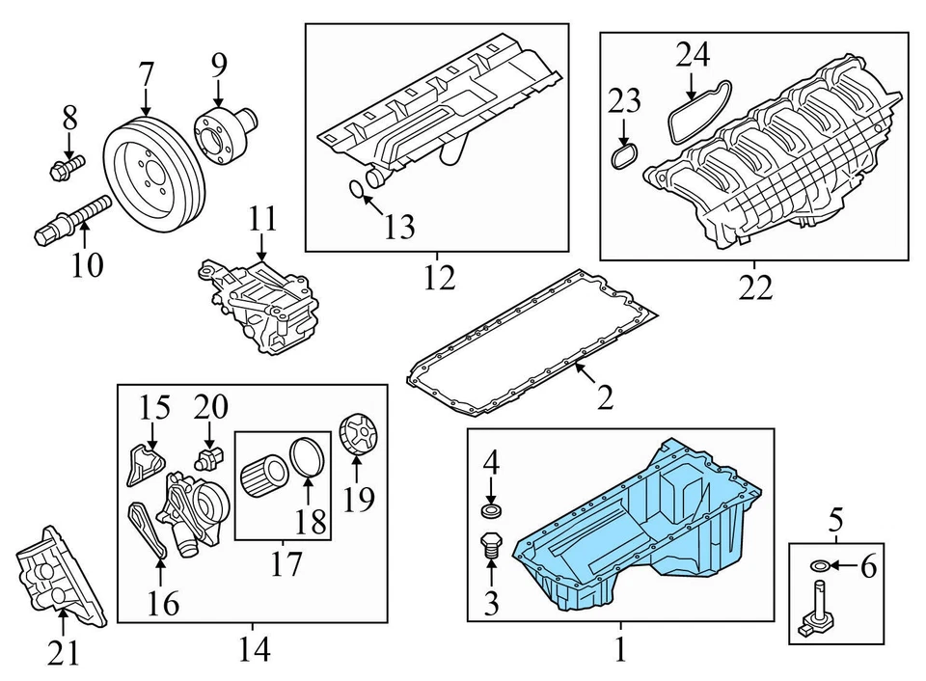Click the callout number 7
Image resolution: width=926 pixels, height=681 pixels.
(146, 73)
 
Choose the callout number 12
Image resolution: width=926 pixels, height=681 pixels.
(439, 279)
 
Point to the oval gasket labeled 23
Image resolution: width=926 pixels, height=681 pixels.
(625, 156)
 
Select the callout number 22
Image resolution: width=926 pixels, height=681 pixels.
(757, 286)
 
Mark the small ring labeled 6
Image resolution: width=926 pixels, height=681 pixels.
(821, 565)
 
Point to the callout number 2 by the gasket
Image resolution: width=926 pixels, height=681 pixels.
(604, 396)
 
